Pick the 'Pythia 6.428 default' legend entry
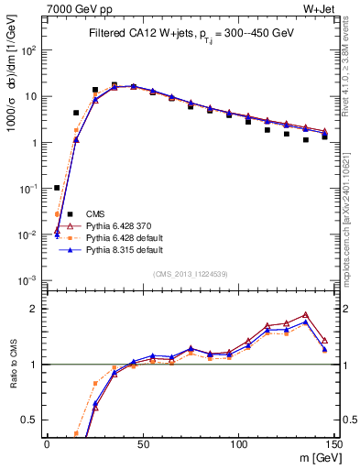pyautogui.click(x=121, y=237)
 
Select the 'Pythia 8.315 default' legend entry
pyautogui.click(x=121, y=249)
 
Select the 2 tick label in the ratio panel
pyautogui.click(x=34, y=308)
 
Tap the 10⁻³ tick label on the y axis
pyautogui.click(x=27, y=280)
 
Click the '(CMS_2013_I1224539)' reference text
pyautogui.click(x=190, y=272)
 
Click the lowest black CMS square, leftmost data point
pyautogui.click(x=57, y=188)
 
